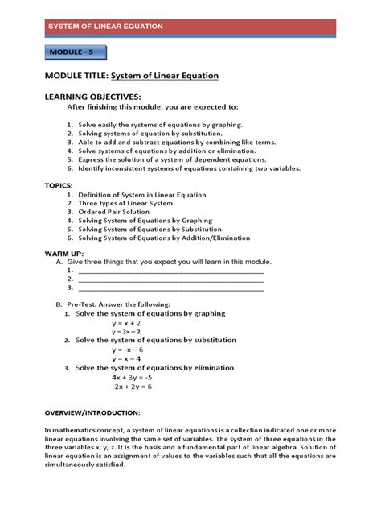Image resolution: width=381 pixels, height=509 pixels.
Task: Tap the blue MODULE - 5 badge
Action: [x=75, y=54]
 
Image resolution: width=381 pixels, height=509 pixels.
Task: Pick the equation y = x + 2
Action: [x=127, y=322]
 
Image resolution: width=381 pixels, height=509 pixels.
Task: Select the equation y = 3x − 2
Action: [x=127, y=331]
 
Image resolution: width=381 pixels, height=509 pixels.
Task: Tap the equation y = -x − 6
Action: [x=128, y=350]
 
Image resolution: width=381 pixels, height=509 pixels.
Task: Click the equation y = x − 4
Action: [x=128, y=359]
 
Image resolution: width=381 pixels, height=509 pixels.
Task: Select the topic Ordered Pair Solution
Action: [x=118, y=212]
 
